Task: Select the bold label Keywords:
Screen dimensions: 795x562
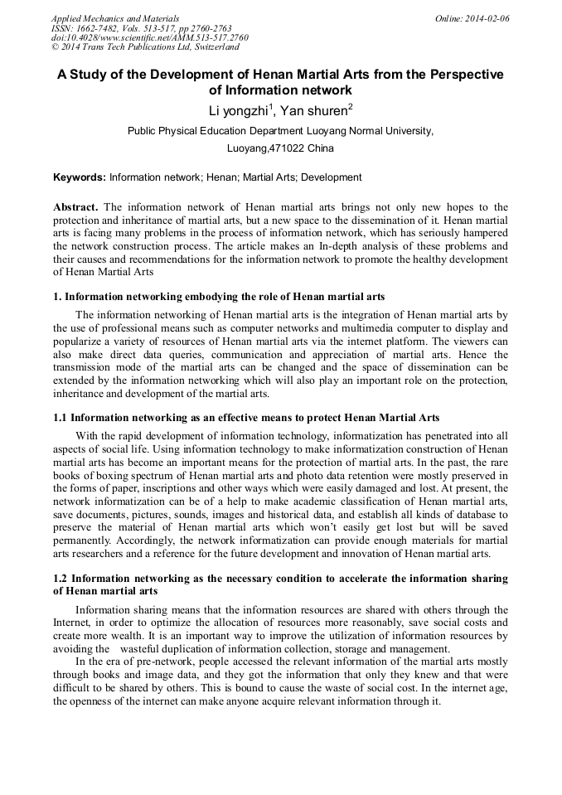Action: coord(80,177)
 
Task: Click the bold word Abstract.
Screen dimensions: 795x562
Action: coord(75,206)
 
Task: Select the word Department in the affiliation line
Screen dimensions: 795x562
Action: coord(255,130)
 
